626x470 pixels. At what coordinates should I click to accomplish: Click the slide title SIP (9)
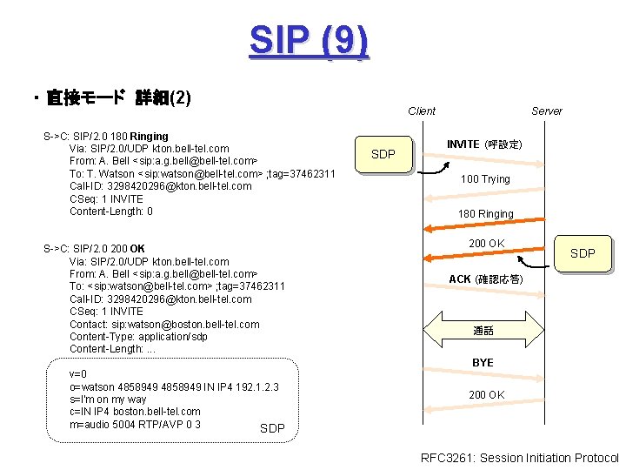(x=309, y=40)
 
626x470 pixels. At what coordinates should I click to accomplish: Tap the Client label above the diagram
(x=422, y=111)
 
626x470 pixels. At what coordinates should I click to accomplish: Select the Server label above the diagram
(x=547, y=111)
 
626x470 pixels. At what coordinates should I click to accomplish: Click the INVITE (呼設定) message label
(x=483, y=144)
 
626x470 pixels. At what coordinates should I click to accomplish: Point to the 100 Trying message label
(x=485, y=179)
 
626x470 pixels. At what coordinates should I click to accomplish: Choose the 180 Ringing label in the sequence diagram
(x=486, y=214)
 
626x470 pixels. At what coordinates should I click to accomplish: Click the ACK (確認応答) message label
(x=485, y=279)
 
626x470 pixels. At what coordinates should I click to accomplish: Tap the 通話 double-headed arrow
(x=483, y=331)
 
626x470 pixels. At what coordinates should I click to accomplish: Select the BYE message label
(x=483, y=362)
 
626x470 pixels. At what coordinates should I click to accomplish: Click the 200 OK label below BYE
(x=486, y=395)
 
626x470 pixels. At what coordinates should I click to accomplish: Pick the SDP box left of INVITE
(x=383, y=155)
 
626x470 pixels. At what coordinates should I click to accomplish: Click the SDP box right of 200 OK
(x=583, y=253)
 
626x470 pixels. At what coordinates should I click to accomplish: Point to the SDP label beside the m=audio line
(x=272, y=428)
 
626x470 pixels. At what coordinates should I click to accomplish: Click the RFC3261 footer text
(x=519, y=458)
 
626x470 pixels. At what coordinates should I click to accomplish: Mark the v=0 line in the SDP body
(x=79, y=374)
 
